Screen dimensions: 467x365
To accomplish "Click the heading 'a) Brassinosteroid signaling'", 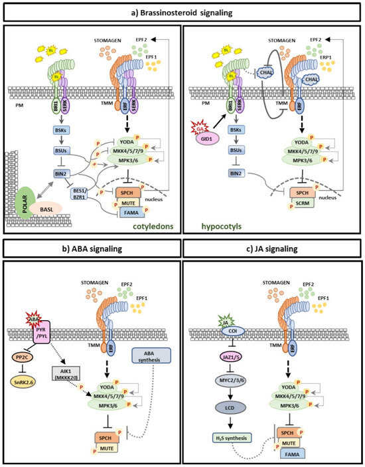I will (183, 13).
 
